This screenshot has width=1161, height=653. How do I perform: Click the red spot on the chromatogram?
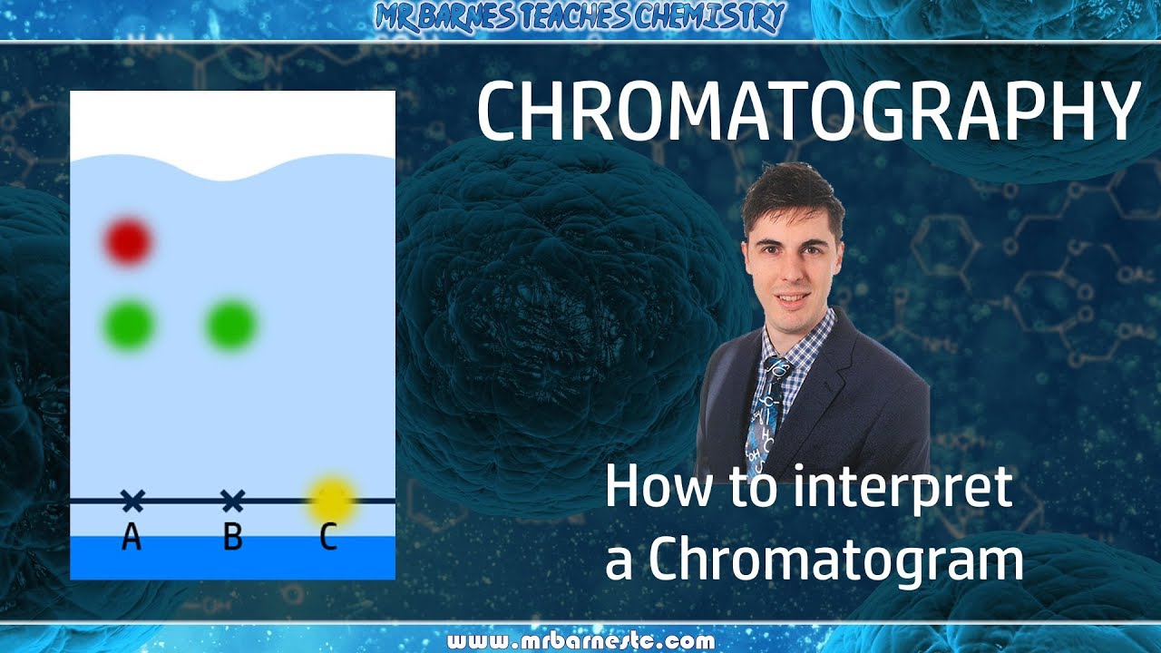[128, 241]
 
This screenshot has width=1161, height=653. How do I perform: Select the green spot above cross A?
[129, 325]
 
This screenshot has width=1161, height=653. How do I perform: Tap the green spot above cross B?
[232, 325]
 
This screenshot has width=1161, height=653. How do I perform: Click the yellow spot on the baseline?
[331, 500]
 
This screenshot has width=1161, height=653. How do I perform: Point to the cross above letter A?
[132, 500]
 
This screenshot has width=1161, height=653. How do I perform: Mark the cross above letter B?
[233, 500]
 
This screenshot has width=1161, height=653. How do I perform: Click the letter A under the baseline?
[132, 537]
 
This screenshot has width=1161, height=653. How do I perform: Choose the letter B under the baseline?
[233, 537]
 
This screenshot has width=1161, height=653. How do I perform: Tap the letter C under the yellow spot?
[328, 537]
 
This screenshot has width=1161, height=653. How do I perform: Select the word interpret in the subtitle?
[902, 487]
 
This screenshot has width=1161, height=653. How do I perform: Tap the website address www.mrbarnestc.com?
[580, 641]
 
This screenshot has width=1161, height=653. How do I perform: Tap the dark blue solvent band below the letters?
[232, 559]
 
